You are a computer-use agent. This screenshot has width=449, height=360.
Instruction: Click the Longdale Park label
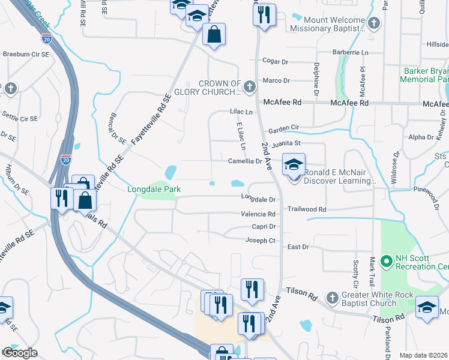click(154, 190)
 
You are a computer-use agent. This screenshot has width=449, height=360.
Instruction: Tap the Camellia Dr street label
click(245, 161)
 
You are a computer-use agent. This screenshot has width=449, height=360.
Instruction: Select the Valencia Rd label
click(258, 214)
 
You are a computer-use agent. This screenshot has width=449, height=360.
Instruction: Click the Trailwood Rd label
click(306, 209)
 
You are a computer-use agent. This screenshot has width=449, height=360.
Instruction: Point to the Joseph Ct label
click(260, 240)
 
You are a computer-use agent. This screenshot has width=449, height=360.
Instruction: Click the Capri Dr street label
click(264, 226)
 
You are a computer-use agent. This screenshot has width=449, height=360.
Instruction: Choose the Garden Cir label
click(283, 128)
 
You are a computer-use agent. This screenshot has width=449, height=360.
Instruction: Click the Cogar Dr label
click(276, 61)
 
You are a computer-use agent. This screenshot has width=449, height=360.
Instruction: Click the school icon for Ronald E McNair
click(294, 164)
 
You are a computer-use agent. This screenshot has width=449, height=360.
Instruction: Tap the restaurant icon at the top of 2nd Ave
click(264, 14)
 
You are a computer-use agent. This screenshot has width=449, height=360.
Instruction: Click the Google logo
click(20, 353)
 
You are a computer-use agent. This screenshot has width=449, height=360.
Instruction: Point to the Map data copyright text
click(423, 355)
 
